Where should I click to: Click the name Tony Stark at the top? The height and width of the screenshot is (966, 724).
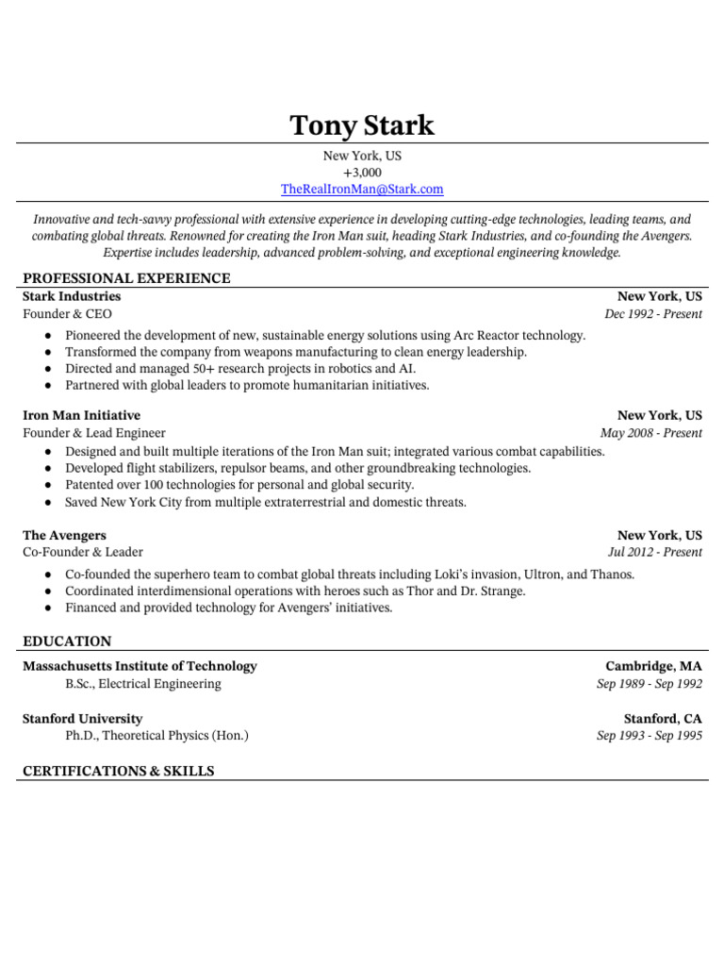[362, 125]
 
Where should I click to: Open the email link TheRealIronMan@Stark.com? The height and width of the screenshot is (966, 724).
[362, 189]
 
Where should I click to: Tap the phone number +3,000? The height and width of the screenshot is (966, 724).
[362, 173]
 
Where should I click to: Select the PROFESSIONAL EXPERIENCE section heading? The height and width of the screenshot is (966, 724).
[126, 278]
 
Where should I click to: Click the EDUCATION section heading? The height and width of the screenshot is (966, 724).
[67, 641]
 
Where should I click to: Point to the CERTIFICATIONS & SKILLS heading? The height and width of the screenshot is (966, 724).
[119, 771]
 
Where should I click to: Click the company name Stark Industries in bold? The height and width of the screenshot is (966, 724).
[72, 296]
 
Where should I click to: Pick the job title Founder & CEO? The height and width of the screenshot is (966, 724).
[67, 314]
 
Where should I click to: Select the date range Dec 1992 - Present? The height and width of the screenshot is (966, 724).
[653, 314]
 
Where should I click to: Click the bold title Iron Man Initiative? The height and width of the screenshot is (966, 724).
[81, 415]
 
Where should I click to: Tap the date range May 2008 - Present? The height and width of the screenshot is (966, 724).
[651, 433]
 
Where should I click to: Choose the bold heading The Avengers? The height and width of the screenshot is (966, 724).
[64, 535]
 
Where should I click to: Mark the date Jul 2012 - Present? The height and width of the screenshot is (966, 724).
[655, 552]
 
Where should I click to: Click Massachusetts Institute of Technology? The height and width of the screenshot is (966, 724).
[140, 666]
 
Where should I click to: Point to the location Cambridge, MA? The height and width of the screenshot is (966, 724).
[653, 666]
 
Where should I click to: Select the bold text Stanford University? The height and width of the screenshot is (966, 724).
[83, 719]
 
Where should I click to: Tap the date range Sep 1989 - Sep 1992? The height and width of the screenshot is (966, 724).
[650, 684]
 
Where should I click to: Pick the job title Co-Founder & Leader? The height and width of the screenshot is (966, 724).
[83, 552]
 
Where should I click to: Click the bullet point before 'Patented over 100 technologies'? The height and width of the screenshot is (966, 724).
[48, 485]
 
